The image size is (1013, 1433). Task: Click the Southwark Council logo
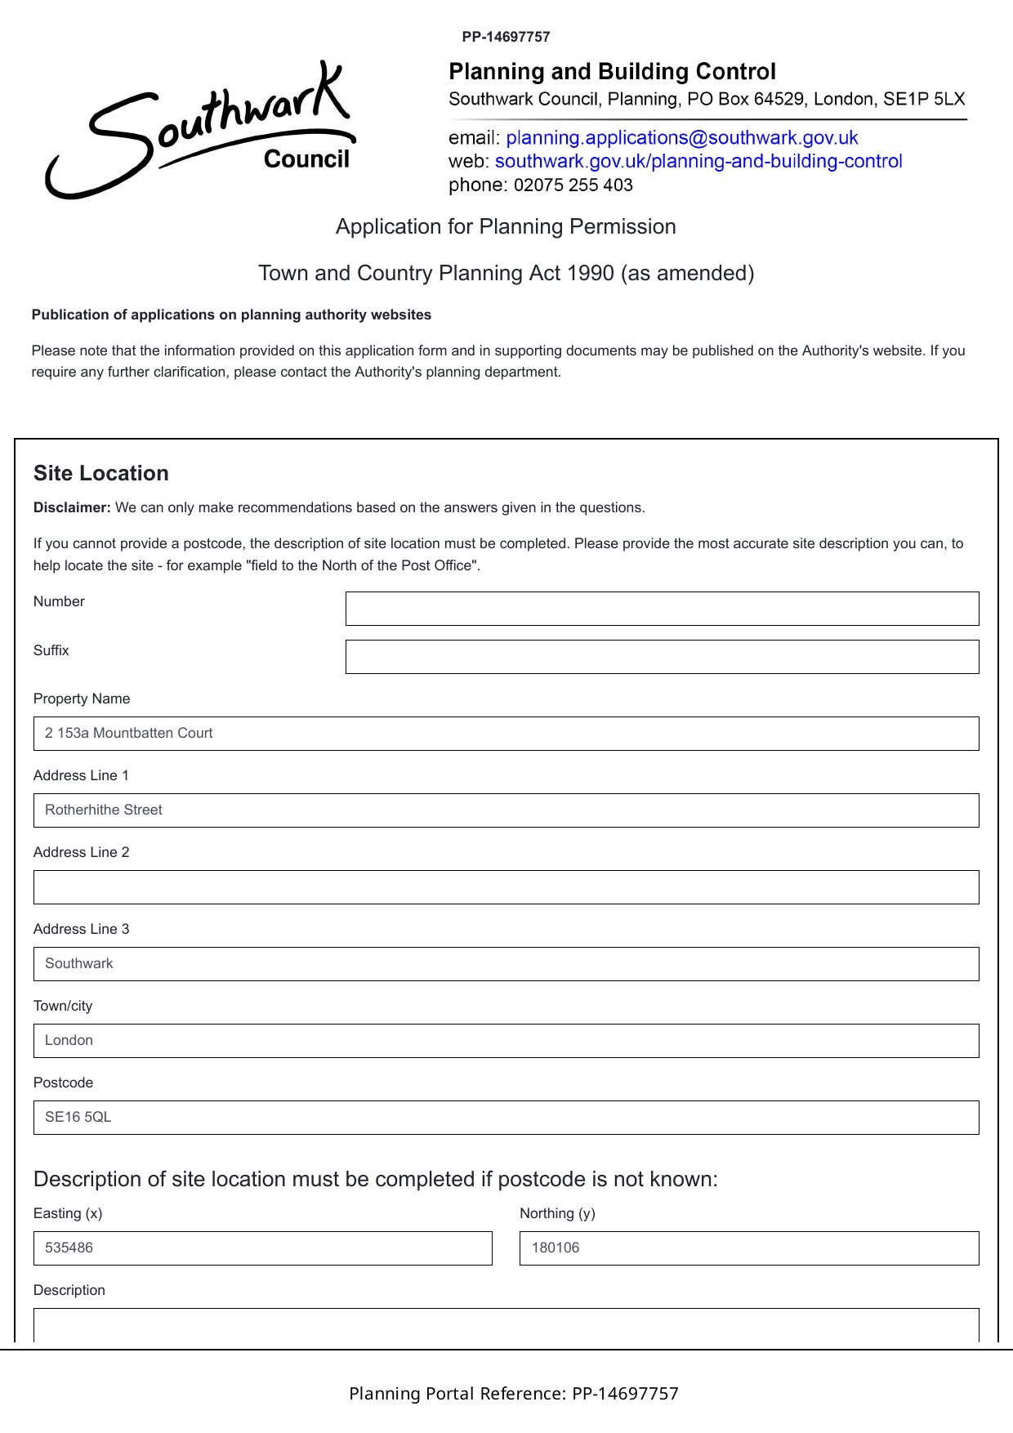coord(201,131)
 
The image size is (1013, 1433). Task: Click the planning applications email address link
coord(681,137)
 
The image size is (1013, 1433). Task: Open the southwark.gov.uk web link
coord(698,161)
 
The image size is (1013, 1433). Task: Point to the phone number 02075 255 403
coord(573,185)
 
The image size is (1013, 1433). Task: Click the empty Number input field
coord(662,609)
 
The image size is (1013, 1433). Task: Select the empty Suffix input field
coord(662,657)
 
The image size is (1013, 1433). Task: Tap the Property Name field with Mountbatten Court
coord(506,734)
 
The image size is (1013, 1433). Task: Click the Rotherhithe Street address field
coord(506,810)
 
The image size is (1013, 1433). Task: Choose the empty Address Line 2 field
coord(506,887)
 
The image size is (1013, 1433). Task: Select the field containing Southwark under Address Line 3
coord(506,964)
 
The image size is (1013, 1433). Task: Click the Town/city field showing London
coord(506,1041)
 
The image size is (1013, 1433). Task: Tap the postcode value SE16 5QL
coord(78,1118)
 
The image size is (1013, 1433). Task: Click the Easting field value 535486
coord(69,1248)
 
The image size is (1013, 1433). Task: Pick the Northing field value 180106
coord(556,1248)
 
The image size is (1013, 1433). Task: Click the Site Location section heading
coord(101,474)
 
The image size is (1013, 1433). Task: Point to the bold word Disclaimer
coord(72,508)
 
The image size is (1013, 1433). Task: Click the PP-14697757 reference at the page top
coord(506,37)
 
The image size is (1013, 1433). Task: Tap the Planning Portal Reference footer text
coord(513,1394)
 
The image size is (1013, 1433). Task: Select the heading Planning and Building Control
coord(612,72)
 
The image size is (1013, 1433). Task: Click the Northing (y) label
coord(557,1214)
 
